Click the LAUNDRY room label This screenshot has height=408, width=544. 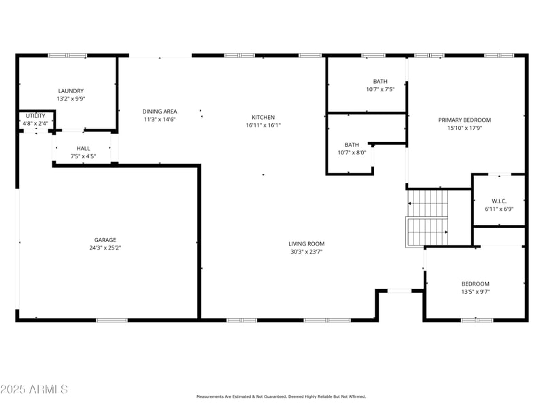(x=71, y=90)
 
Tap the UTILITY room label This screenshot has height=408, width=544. (x=35, y=116)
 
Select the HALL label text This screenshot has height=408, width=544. (x=83, y=148)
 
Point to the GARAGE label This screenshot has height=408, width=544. (x=105, y=239)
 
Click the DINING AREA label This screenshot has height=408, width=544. (x=160, y=111)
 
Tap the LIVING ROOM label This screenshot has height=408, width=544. (x=306, y=243)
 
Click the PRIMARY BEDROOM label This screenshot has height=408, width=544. (x=464, y=120)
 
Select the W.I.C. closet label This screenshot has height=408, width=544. (x=499, y=201)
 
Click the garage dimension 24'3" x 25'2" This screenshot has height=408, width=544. (x=105, y=248)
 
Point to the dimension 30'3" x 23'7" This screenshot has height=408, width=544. (x=306, y=252)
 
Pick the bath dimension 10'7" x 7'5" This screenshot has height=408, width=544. (x=380, y=89)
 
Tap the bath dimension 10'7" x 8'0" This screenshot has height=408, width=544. (x=352, y=152)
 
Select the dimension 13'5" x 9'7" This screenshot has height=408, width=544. (x=475, y=292)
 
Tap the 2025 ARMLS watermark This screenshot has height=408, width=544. (x=34, y=389)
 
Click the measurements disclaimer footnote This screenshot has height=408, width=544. (x=281, y=396)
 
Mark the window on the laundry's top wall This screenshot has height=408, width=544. (x=67, y=55)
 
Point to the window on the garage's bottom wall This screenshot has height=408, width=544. (x=111, y=320)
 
